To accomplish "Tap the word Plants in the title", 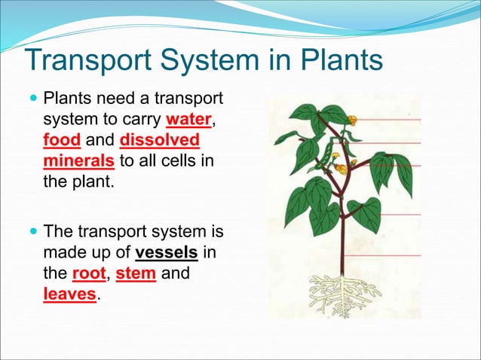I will tap(336, 61).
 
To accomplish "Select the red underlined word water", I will tap(189, 120).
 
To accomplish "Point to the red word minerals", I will tap(78, 160).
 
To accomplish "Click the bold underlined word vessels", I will tap(167, 252).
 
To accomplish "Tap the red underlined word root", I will tap(94, 272).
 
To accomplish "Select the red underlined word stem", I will tap(136, 272).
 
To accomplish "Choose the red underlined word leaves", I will tap(69, 293).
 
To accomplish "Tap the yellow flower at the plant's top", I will tap(352, 118).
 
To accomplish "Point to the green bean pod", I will tap(326, 154).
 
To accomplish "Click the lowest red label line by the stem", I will tap(384, 255).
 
